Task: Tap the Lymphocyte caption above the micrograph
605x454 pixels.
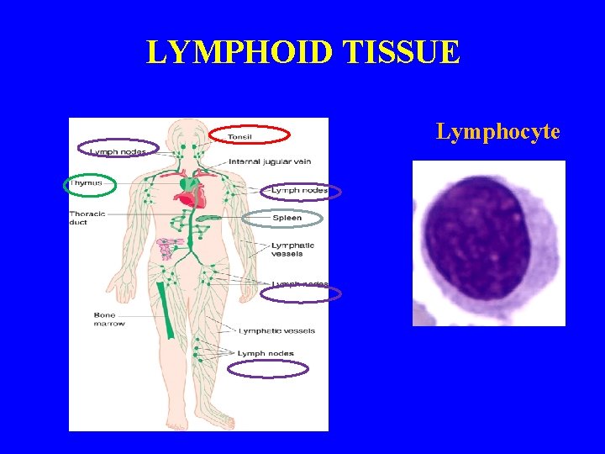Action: [x=497, y=131]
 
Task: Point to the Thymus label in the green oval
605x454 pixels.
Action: [x=87, y=182]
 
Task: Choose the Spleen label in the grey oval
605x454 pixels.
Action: [x=287, y=219]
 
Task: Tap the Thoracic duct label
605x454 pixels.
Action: [x=87, y=218]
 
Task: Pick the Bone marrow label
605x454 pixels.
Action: [x=108, y=319]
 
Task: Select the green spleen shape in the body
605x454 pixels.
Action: [x=208, y=218]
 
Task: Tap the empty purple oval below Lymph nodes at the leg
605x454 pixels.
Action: [x=268, y=368]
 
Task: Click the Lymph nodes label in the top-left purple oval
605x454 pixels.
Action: [x=118, y=151]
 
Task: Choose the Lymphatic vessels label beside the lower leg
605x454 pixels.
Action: [x=276, y=330]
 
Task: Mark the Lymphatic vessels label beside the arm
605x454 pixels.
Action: [x=281, y=249]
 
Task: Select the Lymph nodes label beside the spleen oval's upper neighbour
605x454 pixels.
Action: [x=299, y=191]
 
